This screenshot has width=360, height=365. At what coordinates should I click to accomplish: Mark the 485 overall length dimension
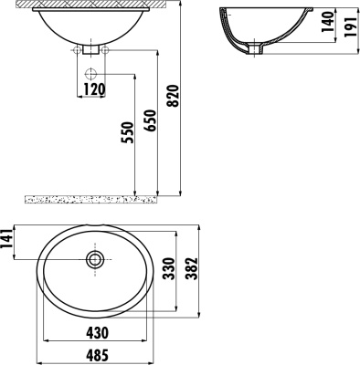pyautogui.click(x=95, y=356)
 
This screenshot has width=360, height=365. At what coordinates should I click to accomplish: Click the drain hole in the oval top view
pyautogui.click(x=94, y=260)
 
